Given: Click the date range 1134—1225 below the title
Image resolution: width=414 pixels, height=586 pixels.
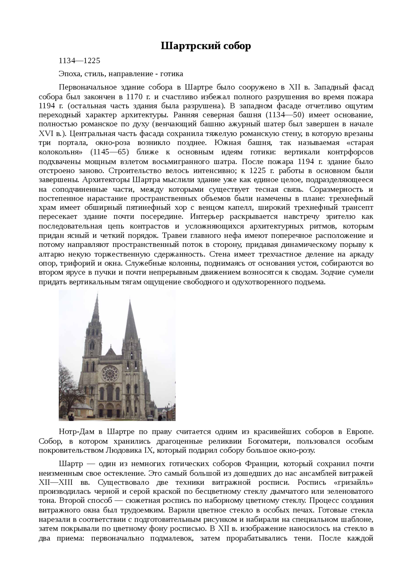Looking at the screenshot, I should coord(79,61).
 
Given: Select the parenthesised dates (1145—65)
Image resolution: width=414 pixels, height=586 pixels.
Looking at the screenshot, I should coord(110,152).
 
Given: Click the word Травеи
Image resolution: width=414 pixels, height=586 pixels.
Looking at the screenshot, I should coord(174,235).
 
